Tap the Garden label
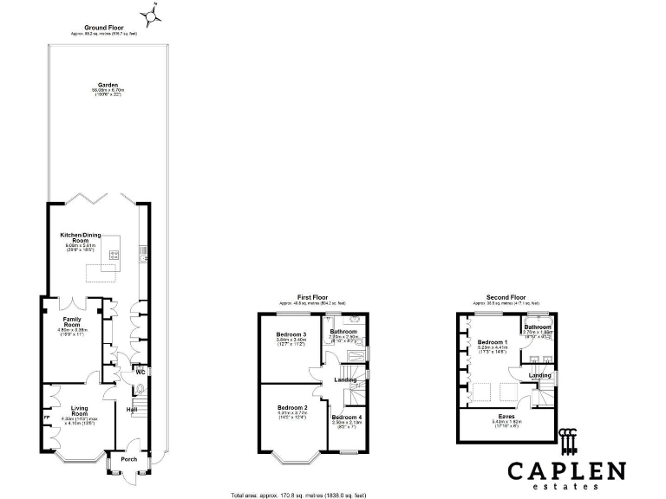(109, 85)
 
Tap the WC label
(139, 373)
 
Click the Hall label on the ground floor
(133, 409)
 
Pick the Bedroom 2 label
(292, 408)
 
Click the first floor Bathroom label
(343, 332)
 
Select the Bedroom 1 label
(493, 342)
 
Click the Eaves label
(504, 418)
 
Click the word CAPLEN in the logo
(565, 472)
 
